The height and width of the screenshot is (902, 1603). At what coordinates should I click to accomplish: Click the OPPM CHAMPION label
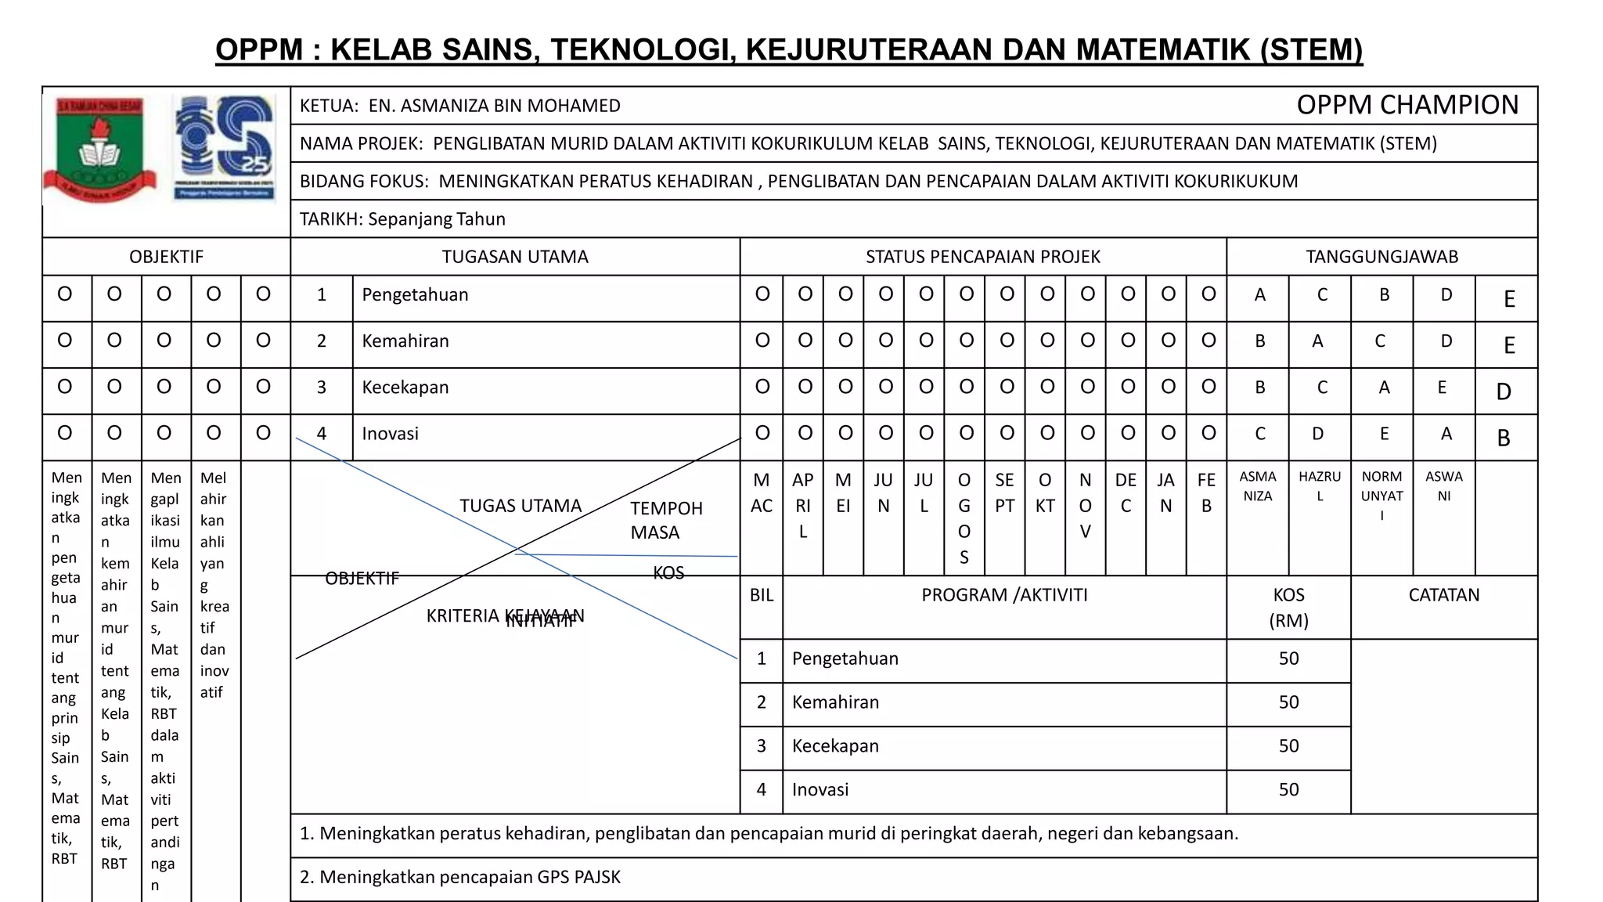pyautogui.click(x=1407, y=105)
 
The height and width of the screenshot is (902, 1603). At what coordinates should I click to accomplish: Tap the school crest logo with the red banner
pyautogui.click(x=99, y=149)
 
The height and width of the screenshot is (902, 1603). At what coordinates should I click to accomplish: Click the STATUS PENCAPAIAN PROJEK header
pyautogui.click(x=982, y=257)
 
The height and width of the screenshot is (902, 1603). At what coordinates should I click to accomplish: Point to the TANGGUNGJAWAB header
pyautogui.click(x=1381, y=257)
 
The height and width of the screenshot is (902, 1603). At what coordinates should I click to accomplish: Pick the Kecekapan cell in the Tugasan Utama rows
pyautogui.click(x=405, y=388)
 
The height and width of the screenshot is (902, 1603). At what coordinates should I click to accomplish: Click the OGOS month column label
pyautogui.click(x=964, y=518)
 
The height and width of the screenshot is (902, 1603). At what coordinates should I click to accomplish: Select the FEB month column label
pyautogui.click(x=1206, y=492)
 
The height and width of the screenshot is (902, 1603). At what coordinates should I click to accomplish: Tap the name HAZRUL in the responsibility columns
pyautogui.click(x=1319, y=485)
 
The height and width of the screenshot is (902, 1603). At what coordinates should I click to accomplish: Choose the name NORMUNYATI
pyautogui.click(x=1381, y=496)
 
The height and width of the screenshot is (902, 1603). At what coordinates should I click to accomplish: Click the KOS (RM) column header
pyautogui.click(x=1288, y=608)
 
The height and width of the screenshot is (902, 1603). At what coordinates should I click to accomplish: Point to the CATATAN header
pyautogui.click(x=1443, y=595)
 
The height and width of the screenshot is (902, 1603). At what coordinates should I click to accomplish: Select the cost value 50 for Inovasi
pyautogui.click(x=1288, y=789)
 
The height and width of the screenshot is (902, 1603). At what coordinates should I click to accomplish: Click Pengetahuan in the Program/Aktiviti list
pyautogui.click(x=845, y=658)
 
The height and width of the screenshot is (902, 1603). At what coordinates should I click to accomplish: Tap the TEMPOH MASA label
pyautogui.click(x=665, y=520)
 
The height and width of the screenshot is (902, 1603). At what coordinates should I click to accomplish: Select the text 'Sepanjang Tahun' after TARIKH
pyautogui.click(x=437, y=219)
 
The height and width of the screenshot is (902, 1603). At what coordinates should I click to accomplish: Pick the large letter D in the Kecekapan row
pyautogui.click(x=1504, y=391)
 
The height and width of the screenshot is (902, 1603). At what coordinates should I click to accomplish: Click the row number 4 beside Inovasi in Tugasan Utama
pyautogui.click(x=321, y=434)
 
